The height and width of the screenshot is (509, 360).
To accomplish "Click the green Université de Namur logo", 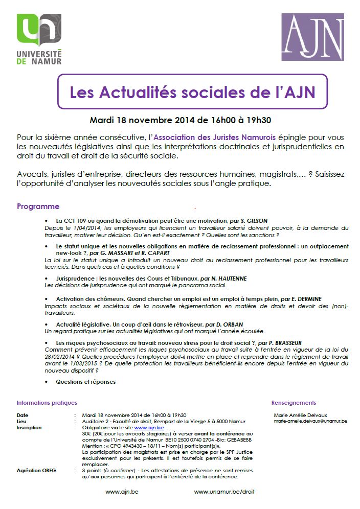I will [x=39, y=39].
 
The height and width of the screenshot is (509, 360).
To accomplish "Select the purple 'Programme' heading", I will [x=38, y=206].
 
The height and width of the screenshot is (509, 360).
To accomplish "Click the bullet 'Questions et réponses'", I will [x=85, y=382].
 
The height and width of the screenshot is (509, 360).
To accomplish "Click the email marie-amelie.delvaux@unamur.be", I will [x=310, y=421].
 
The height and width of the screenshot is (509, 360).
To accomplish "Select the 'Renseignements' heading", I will [x=294, y=403].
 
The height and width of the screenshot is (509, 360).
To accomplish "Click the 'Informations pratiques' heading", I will [x=47, y=403].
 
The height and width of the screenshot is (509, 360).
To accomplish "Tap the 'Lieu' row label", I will [x=21, y=421].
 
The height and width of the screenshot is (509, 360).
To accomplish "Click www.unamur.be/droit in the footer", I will [x=224, y=492].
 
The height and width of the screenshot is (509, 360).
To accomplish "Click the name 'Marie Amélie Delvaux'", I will [x=301, y=415].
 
